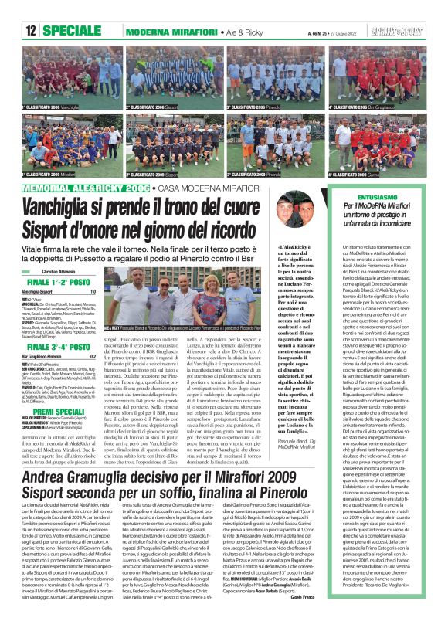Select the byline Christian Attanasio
pos(66,273)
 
